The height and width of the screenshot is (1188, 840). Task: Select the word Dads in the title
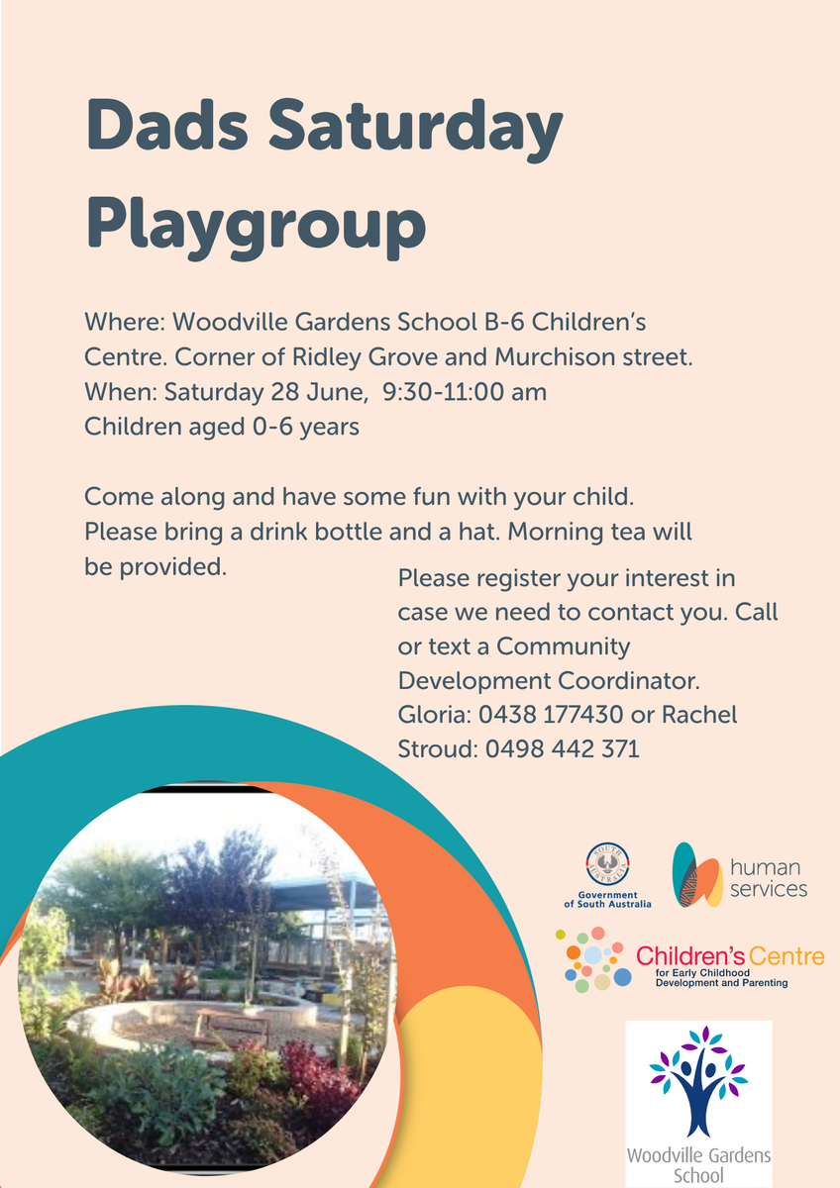coord(166,125)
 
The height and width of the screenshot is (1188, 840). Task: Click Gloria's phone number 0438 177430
coord(551,715)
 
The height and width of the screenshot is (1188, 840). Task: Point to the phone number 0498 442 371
coord(563,748)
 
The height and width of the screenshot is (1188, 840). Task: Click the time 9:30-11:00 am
coord(465,392)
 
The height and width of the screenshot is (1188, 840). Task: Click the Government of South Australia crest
coord(607,865)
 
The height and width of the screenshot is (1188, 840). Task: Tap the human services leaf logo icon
coord(696,874)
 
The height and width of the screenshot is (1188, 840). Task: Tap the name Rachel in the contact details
coord(699,715)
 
